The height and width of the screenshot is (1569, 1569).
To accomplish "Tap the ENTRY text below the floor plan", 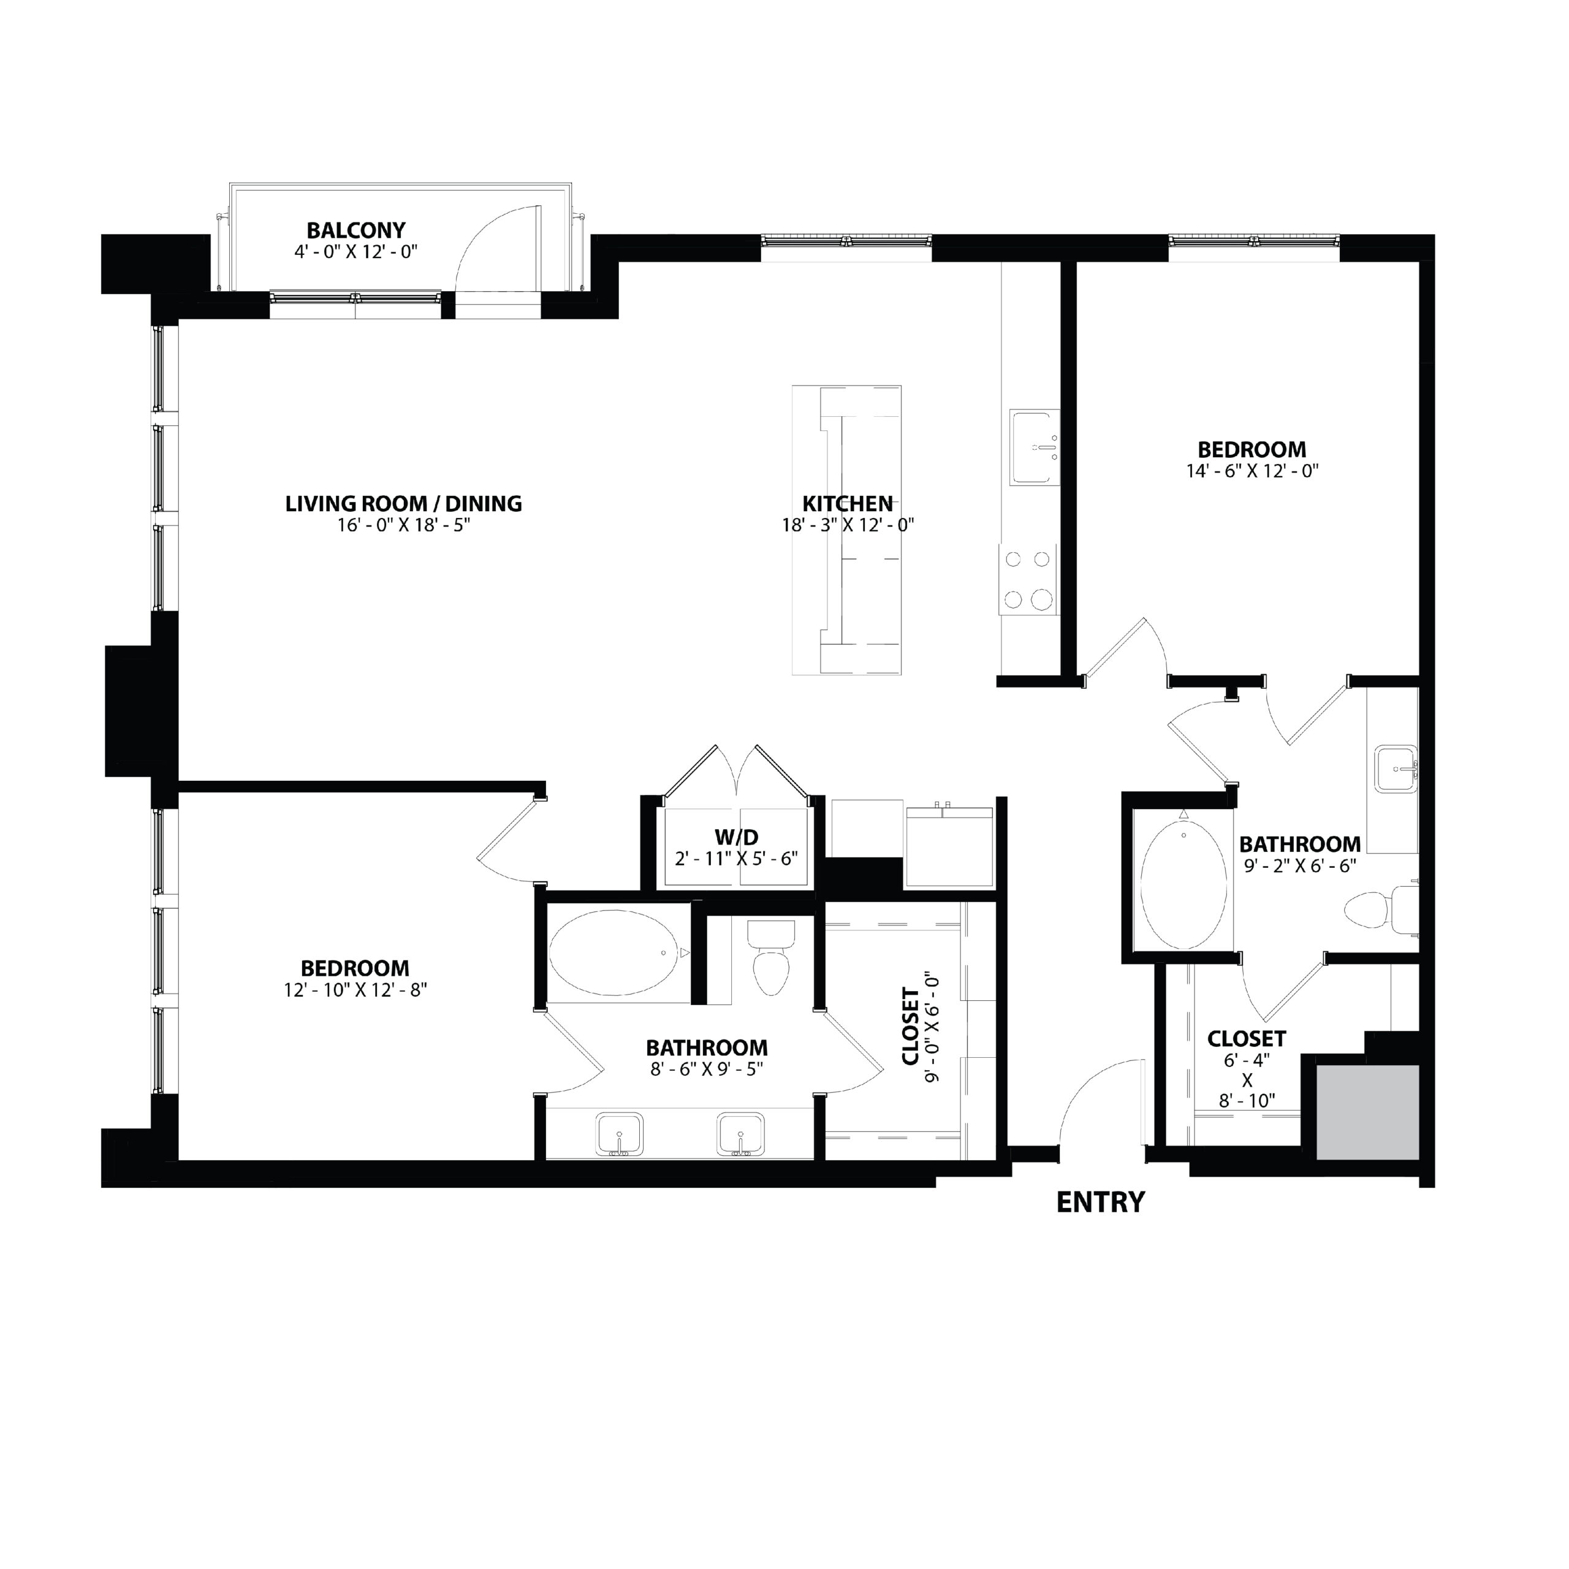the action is pyautogui.click(x=1100, y=1202).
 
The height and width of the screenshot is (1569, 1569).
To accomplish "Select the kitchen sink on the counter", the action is pyautogui.click(x=1034, y=447).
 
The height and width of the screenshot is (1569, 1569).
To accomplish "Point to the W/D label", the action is pyautogui.click(x=737, y=837).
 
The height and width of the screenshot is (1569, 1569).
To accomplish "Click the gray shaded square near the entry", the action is pyautogui.click(x=1367, y=1112).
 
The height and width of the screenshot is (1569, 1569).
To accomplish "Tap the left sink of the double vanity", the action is pyautogui.click(x=620, y=1134).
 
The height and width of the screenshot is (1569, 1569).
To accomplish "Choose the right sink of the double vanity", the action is pyautogui.click(x=740, y=1134).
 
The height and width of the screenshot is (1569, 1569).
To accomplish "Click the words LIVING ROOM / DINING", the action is pyautogui.click(x=404, y=504).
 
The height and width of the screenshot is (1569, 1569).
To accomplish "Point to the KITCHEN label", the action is pyautogui.click(x=848, y=504).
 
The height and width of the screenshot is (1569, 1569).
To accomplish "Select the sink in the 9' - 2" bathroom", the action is pyautogui.click(x=1395, y=768).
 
